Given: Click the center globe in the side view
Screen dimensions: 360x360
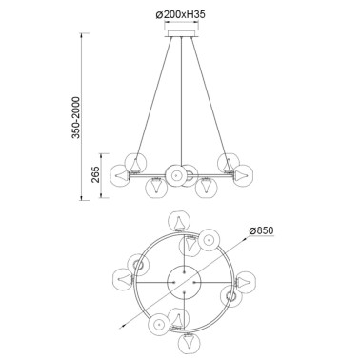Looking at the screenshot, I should click(x=177, y=174).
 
